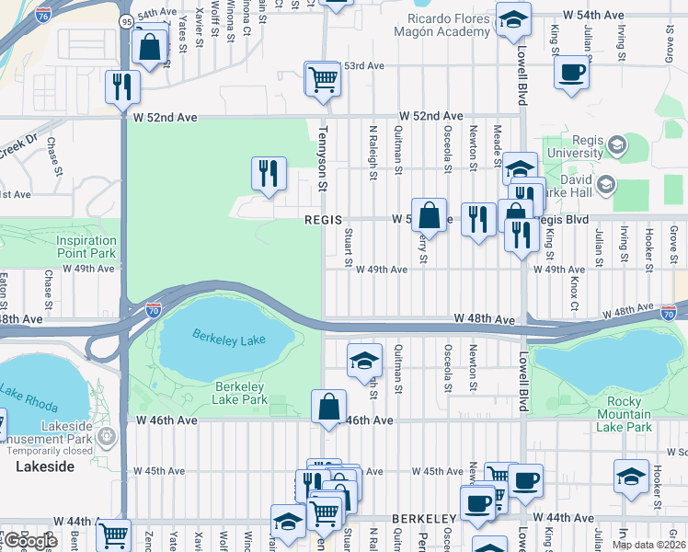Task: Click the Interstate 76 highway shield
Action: click(x=42, y=15)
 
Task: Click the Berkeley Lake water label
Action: click(x=229, y=338)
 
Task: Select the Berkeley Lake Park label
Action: click(x=240, y=393)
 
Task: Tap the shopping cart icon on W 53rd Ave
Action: click(x=323, y=79)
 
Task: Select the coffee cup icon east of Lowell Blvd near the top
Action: click(x=571, y=73)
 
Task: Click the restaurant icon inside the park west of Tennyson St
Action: click(x=269, y=173)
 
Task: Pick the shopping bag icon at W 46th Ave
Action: click(x=328, y=407)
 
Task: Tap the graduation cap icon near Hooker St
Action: click(x=632, y=477)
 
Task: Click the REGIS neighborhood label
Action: click(x=324, y=221)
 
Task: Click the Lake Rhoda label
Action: click(x=28, y=397)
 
